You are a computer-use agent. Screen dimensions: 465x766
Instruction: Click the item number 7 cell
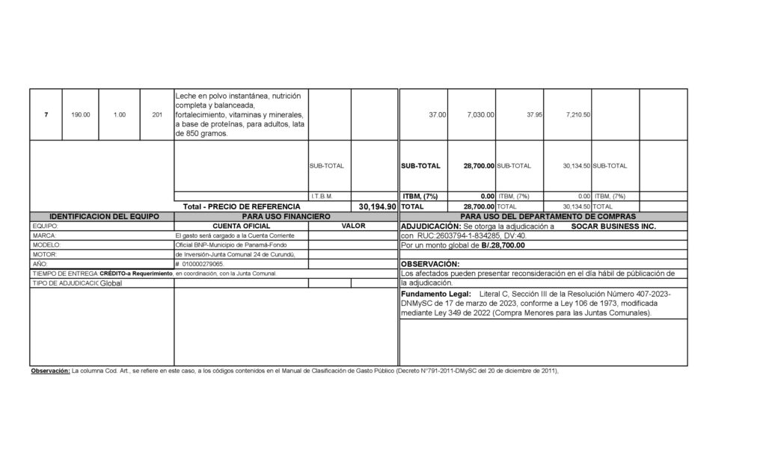46,115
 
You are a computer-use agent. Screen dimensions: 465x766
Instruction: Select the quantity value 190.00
81,115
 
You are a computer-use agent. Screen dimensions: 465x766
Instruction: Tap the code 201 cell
156,115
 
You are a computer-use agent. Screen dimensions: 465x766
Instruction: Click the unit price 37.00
438,115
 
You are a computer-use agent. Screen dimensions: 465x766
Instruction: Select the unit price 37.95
534,115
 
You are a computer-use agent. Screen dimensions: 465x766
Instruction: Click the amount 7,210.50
577,115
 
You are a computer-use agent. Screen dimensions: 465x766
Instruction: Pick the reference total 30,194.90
377,206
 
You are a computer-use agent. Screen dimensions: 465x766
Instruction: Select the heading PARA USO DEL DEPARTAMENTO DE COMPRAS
543,215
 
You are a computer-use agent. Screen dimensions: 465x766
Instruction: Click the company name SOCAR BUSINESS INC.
613,225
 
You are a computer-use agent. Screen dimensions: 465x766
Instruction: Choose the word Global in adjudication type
111,283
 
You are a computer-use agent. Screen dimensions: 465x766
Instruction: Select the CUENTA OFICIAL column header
242,225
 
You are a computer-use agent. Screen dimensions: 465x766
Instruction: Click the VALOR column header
353,225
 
